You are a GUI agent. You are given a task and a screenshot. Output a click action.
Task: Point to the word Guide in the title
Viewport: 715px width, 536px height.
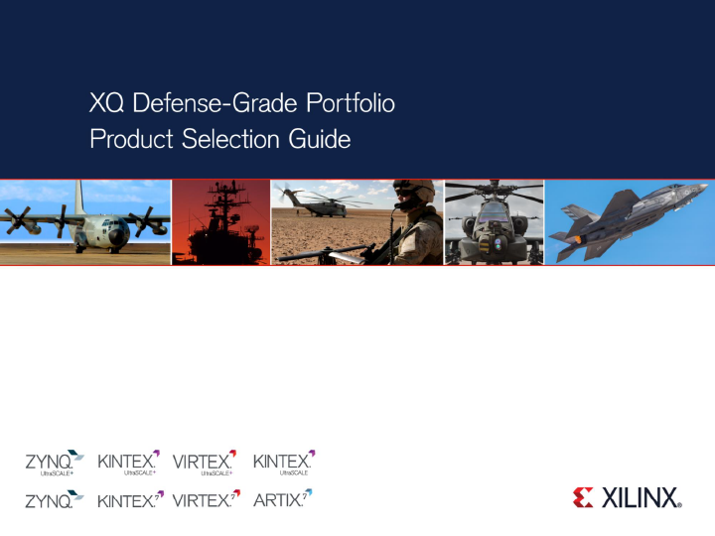pyautogui.click(x=320, y=140)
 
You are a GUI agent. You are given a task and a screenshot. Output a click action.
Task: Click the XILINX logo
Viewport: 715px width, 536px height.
pyautogui.click(x=627, y=497)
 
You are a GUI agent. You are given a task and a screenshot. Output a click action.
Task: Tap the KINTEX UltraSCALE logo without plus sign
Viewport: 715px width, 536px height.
pyautogui.click(x=284, y=463)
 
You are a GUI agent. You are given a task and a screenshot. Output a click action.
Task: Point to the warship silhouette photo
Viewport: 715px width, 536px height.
pyautogui.click(x=220, y=223)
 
